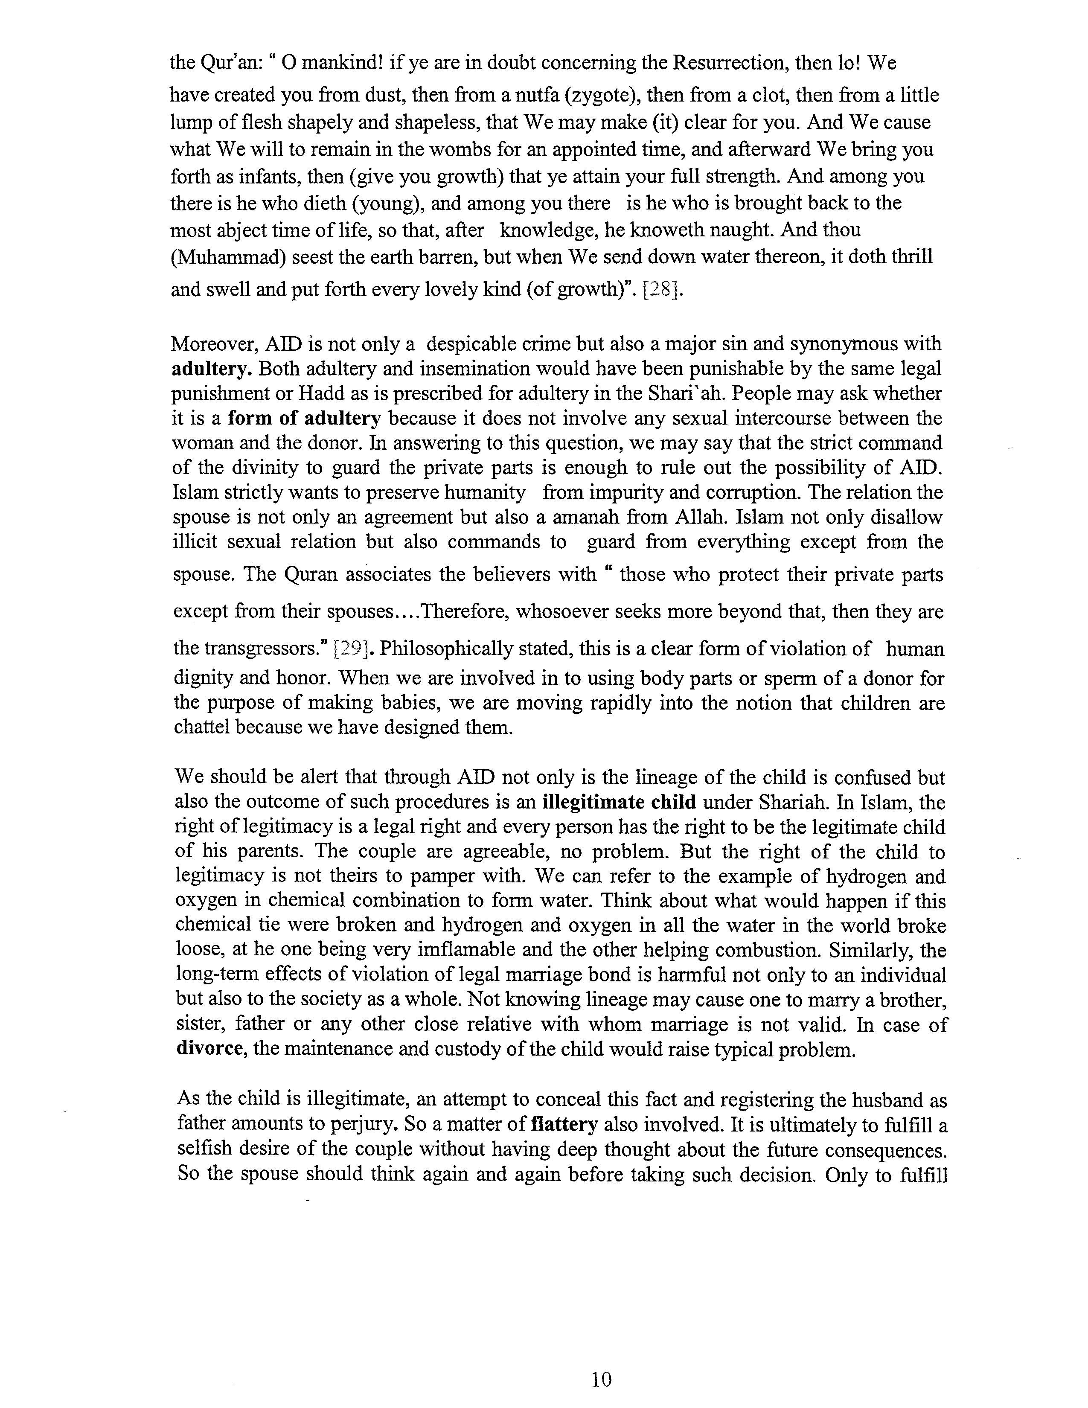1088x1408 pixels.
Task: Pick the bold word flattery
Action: [x=564, y=1124]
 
